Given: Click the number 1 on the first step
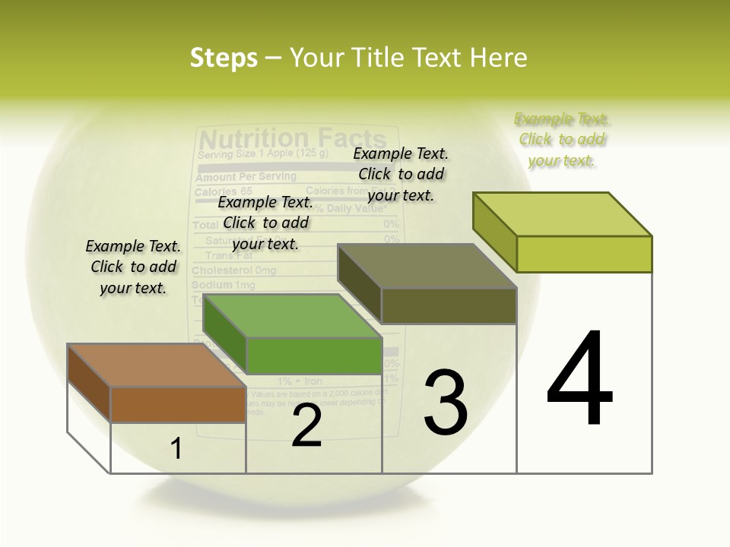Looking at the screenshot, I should (x=176, y=449).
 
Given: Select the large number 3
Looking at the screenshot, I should (x=446, y=402).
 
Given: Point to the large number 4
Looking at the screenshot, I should (x=579, y=379).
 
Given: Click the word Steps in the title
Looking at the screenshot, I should (x=224, y=58).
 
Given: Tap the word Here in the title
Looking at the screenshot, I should (x=498, y=58).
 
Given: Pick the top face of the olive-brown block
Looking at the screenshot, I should (x=427, y=267).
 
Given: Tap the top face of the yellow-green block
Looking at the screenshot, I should (x=562, y=214).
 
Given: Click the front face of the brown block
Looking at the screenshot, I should (x=178, y=405).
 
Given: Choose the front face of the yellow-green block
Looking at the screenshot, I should (x=584, y=254).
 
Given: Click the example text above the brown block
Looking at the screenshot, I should (x=133, y=267).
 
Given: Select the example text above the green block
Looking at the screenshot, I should (x=265, y=223).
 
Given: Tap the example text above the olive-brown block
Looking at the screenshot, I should (x=401, y=174).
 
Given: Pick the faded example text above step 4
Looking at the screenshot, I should (x=561, y=140).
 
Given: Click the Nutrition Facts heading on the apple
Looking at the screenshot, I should (x=292, y=139).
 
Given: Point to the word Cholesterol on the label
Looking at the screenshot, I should (x=223, y=270).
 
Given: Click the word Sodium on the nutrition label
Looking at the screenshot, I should (x=212, y=285).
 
